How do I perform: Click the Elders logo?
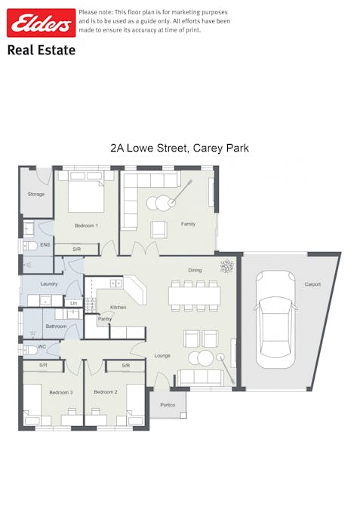[x=42, y=23]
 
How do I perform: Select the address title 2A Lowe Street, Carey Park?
[x=180, y=148]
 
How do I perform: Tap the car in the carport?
[x=275, y=320]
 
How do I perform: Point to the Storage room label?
[x=35, y=194]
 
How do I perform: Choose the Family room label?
[x=188, y=224]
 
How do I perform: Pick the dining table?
[x=194, y=296]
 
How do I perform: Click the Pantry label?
[x=105, y=319]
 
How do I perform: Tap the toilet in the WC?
[x=30, y=350]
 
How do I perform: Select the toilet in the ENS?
[x=30, y=246]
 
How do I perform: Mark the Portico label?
[x=168, y=405]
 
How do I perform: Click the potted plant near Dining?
[x=226, y=266]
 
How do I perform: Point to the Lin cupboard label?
[x=74, y=303]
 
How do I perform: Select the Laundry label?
[x=49, y=284]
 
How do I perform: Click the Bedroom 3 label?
[x=61, y=392]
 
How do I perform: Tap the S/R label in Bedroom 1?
[x=77, y=250]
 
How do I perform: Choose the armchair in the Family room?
[x=159, y=229]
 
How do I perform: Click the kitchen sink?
[x=116, y=284]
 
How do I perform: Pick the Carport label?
[x=312, y=284]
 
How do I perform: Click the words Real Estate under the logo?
[x=42, y=50]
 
